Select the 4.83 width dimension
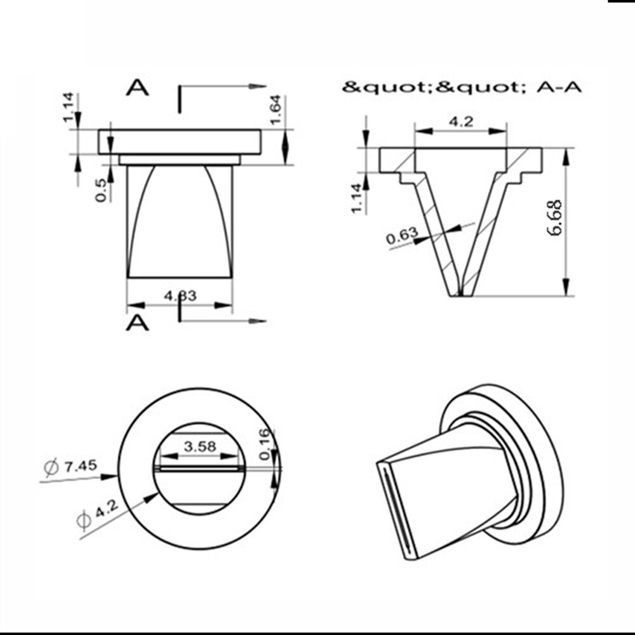click(x=180, y=295)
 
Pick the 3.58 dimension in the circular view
click(x=200, y=446)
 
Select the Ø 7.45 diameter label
click(x=70, y=467)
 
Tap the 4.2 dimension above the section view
click(x=460, y=122)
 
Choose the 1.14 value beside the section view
click(x=358, y=198)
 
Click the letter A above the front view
click(x=137, y=88)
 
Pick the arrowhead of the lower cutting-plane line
click(x=258, y=321)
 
